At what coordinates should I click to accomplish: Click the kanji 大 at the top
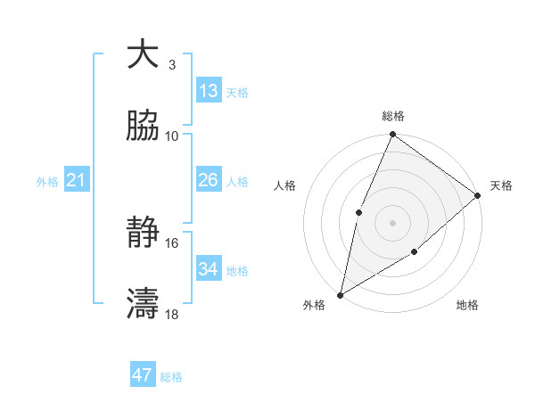(143, 54)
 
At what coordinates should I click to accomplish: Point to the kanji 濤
(143, 304)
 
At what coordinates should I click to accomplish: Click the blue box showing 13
(209, 91)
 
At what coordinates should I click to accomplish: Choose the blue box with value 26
(209, 180)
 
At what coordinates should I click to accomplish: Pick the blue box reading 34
(209, 268)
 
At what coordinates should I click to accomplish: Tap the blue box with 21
(77, 181)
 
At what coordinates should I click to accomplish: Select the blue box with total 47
(143, 375)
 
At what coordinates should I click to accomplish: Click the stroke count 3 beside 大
(171, 65)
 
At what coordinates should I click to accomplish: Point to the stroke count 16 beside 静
(172, 242)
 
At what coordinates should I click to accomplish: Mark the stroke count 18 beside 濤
(172, 314)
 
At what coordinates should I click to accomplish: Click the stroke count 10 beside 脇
(172, 136)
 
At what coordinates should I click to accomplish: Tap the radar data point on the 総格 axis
(392, 136)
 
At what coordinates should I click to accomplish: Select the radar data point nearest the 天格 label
(477, 195)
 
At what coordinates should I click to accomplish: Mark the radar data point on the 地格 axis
(415, 252)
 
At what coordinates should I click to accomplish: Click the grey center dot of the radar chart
(392, 222)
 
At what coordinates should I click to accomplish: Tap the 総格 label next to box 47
(171, 377)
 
